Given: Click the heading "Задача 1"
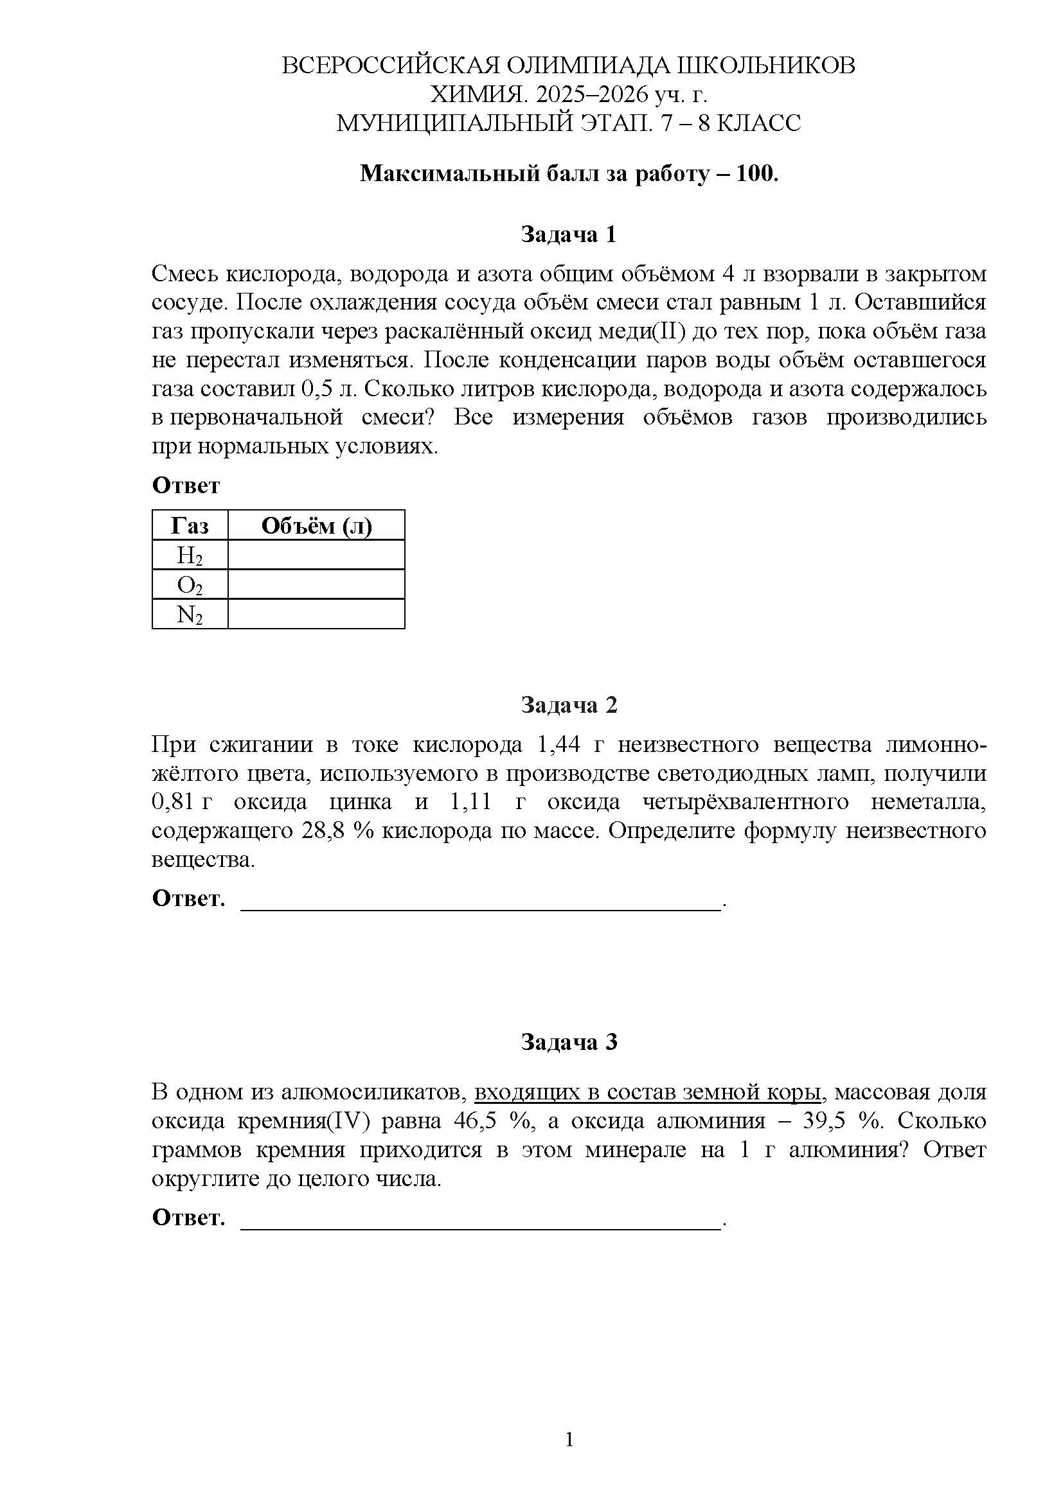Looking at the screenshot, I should (x=568, y=234).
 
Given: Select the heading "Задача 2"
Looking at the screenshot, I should (x=568, y=704).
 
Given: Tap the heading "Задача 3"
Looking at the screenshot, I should (x=568, y=1042).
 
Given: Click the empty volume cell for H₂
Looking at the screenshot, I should (x=316, y=555).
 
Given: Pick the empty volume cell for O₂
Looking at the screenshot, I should (x=316, y=584).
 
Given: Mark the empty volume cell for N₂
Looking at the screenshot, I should (x=316, y=615).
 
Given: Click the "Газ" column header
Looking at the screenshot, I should (x=190, y=525).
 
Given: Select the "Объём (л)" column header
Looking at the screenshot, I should (x=316, y=525).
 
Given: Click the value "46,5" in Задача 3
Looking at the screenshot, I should (x=475, y=1121).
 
